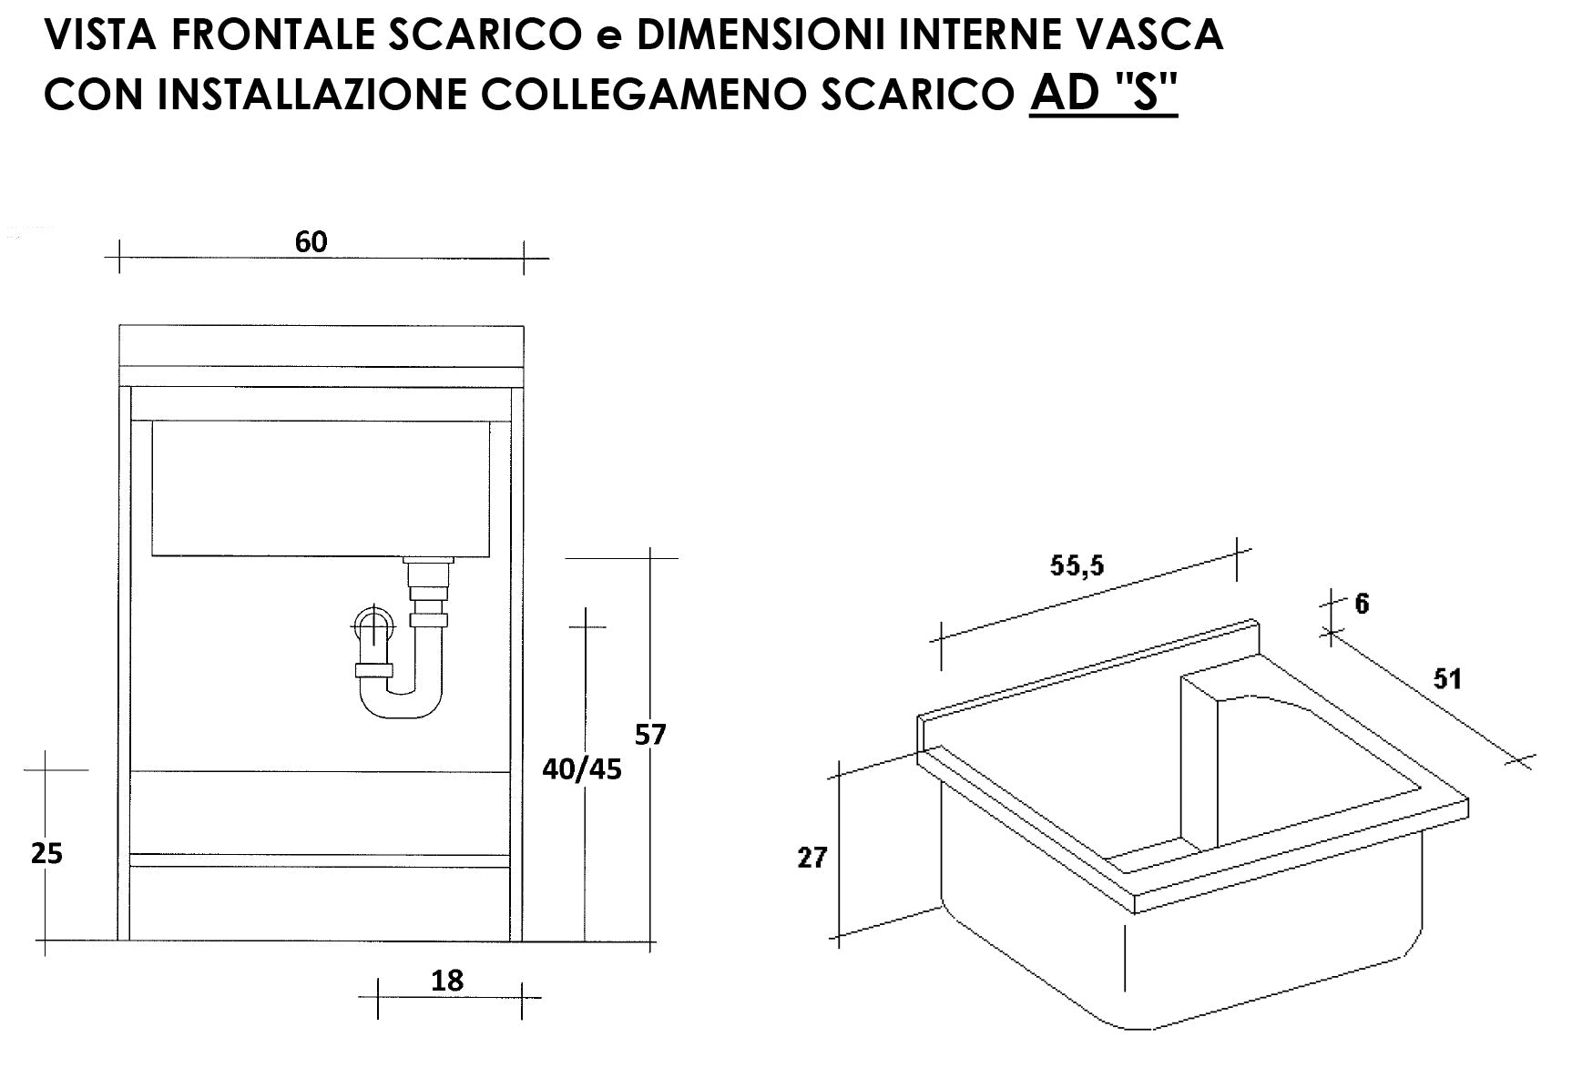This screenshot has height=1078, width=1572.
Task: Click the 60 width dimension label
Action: click(x=311, y=242)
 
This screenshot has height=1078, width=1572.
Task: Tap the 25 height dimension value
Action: click(x=46, y=854)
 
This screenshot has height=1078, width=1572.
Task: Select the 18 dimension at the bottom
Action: click(x=447, y=981)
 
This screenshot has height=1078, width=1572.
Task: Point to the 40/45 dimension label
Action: click(x=581, y=769)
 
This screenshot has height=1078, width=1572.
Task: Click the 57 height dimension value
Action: click(x=651, y=734)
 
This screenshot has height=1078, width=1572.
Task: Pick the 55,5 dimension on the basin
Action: click(x=1077, y=565)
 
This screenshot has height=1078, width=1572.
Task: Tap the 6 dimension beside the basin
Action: click(x=1362, y=604)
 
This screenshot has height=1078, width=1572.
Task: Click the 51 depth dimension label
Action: click(x=1447, y=678)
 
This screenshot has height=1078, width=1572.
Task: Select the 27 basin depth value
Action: click(x=812, y=857)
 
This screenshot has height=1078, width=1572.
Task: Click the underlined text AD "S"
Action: click(x=1103, y=93)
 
